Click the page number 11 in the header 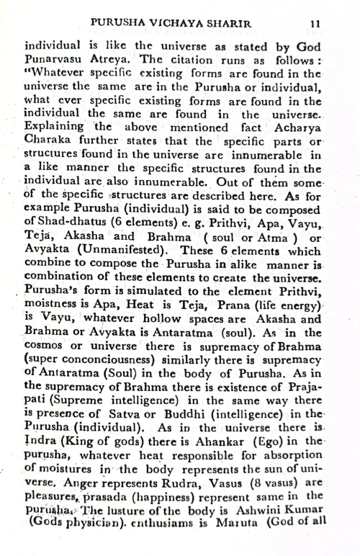tap(314, 23)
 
